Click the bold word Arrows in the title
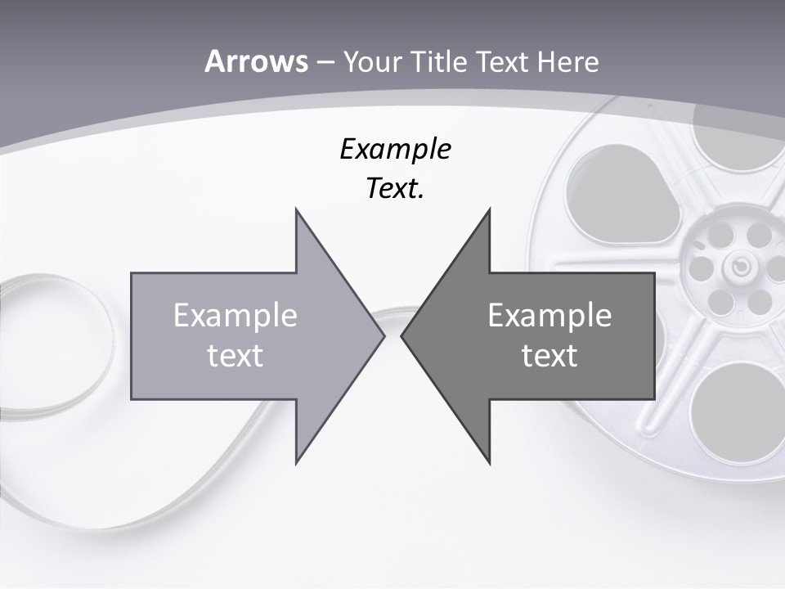(256, 61)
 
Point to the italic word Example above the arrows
(395, 149)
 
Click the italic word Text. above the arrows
(395, 189)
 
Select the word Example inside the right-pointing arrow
(235, 315)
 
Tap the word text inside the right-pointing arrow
(235, 356)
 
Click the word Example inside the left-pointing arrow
(549, 315)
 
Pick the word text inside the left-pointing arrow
(549, 356)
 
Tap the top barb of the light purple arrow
(298, 214)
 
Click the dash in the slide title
(325, 62)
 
